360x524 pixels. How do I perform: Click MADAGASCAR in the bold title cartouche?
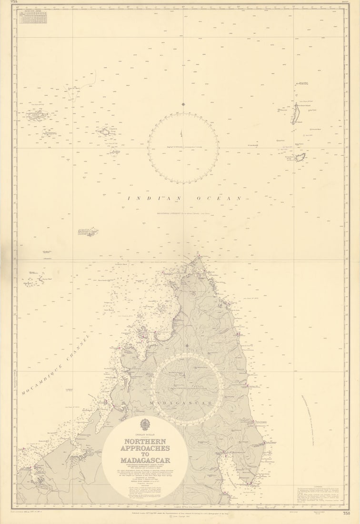pyautogui.click(x=145, y=460)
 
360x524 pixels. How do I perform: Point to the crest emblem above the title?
pyautogui.click(x=145, y=423)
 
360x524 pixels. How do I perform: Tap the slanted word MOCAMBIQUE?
pyautogui.click(x=43, y=379)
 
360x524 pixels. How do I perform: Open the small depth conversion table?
pyautogui.click(x=32, y=18)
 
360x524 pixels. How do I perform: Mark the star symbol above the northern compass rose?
pyautogui.click(x=183, y=104)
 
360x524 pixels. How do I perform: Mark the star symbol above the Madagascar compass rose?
pyautogui.click(x=187, y=346)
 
